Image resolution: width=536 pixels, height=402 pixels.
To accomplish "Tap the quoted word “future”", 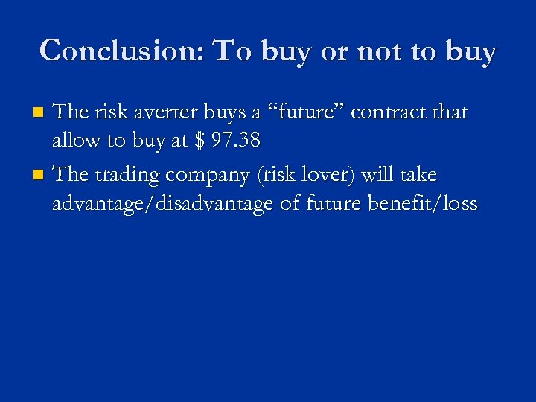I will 306,112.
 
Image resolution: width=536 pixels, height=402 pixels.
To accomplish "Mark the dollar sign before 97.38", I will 197,142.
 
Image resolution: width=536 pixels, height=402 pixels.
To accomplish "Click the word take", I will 419,175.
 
